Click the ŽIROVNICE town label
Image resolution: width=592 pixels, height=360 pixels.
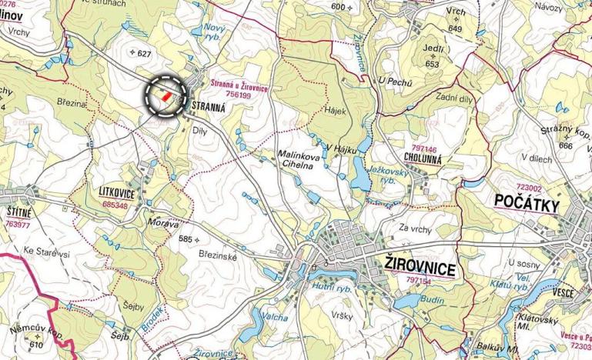[x=419, y=267]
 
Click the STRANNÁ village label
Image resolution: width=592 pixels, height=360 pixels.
[x=206, y=108]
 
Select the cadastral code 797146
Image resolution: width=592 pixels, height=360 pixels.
[x=424, y=148]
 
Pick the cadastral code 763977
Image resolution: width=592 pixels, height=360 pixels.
[x=16, y=225]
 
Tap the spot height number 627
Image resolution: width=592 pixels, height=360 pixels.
[x=145, y=52]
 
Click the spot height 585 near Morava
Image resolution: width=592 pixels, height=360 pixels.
[x=185, y=239]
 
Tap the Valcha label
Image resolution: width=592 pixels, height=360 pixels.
[x=274, y=317]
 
